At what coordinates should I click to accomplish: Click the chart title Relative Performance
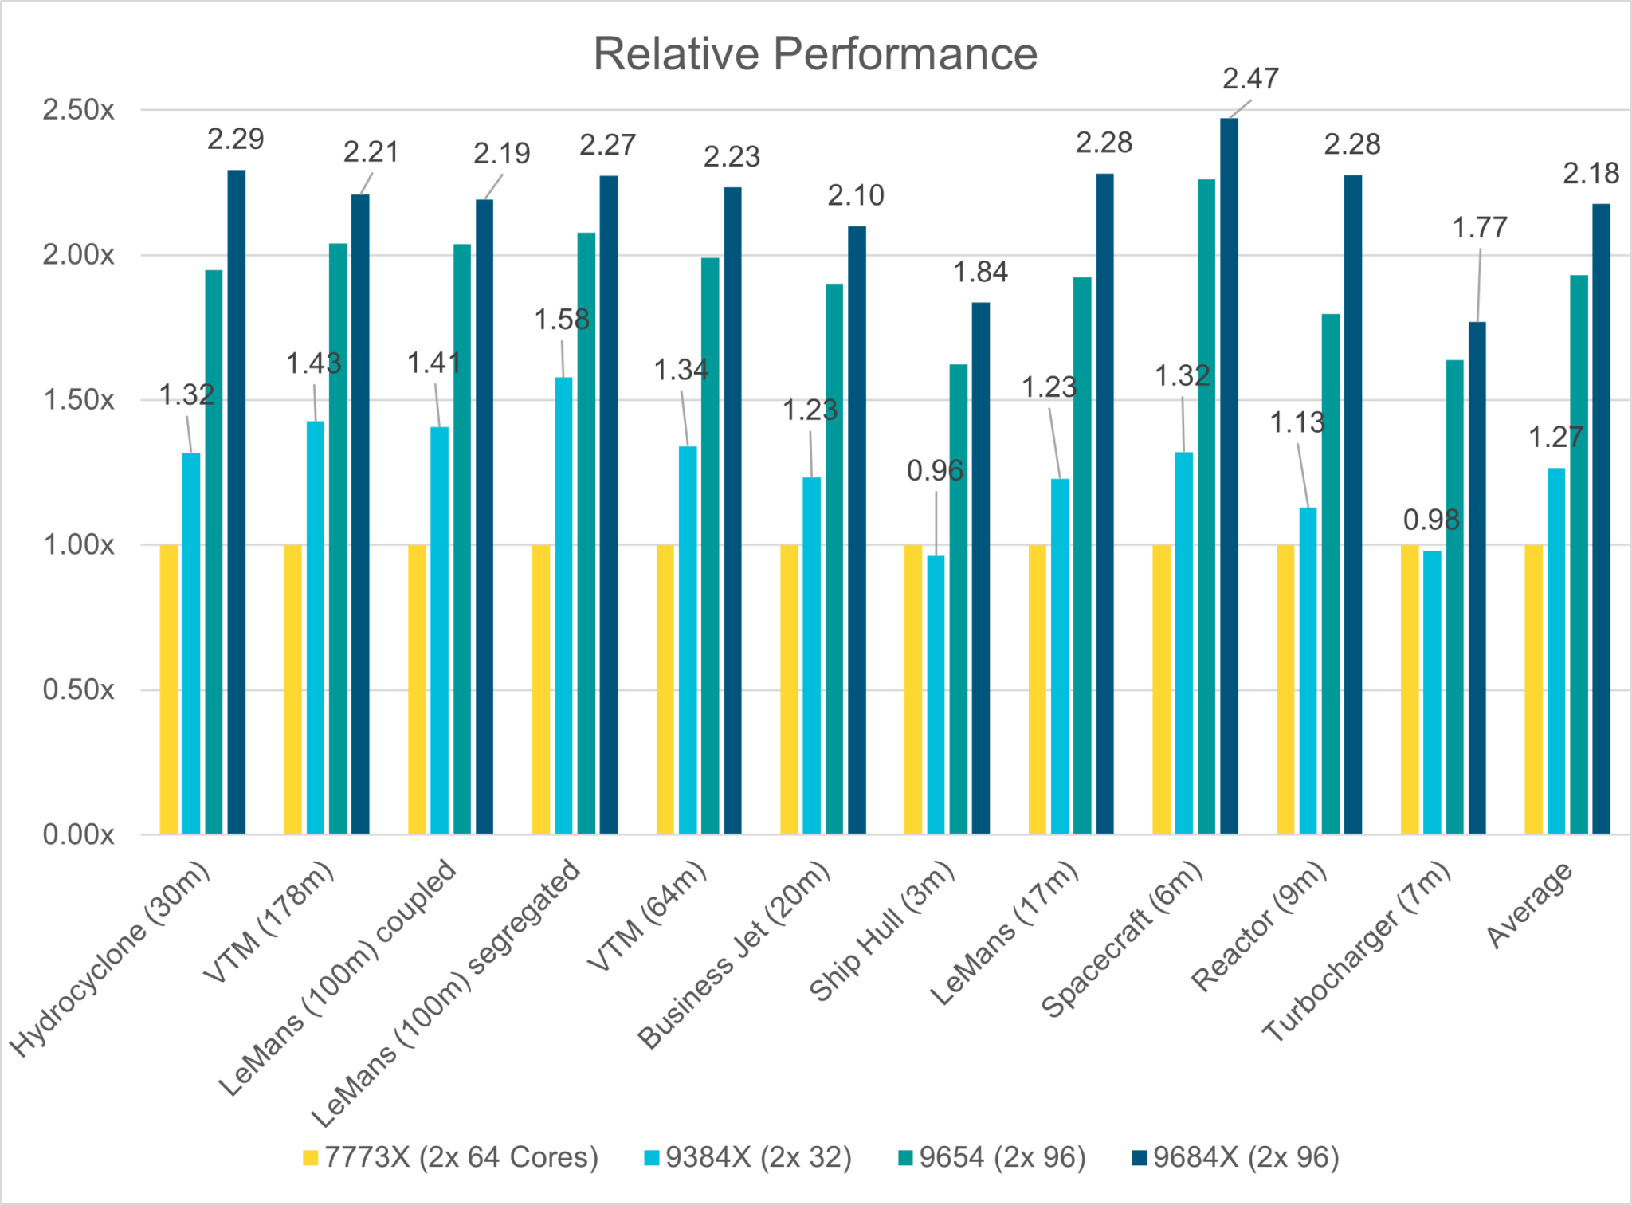click(x=815, y=54)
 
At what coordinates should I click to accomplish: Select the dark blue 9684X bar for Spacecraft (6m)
click(x=1229, y=476)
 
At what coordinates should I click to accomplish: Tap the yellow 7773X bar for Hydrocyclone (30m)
click(x=169, y=689)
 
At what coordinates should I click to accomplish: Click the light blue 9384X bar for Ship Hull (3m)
click(x=936, y=695)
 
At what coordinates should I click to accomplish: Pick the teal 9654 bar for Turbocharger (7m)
click(x=1455, y=597)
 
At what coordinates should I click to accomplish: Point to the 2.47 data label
click(x=1250, y=79)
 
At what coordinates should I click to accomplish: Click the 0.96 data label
click(x=935, y=471)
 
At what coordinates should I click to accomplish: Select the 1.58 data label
click(x=562, y=320)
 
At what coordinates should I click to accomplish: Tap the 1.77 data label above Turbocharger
click(x=1480, y=228)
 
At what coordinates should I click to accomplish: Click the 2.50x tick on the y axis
click(x=79, y=110)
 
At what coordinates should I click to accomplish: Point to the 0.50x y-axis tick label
click(x=79, y=689)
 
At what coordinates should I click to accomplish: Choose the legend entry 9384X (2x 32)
click(x=748, y=1157)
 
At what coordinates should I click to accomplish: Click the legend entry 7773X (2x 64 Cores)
click(x=451, y=1157)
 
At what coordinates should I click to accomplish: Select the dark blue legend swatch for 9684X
click(x=1139, y=1158)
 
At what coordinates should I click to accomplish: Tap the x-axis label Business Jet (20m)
click(x=735, y=955)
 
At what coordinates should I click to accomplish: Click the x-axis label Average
click(x=1530, y=905)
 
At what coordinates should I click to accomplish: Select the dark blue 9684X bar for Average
click(x=1601, y=519)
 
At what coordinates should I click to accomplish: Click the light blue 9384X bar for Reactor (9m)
click(x=1308, y=671)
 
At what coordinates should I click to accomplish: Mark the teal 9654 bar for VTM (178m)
click(x=338, y=539)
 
